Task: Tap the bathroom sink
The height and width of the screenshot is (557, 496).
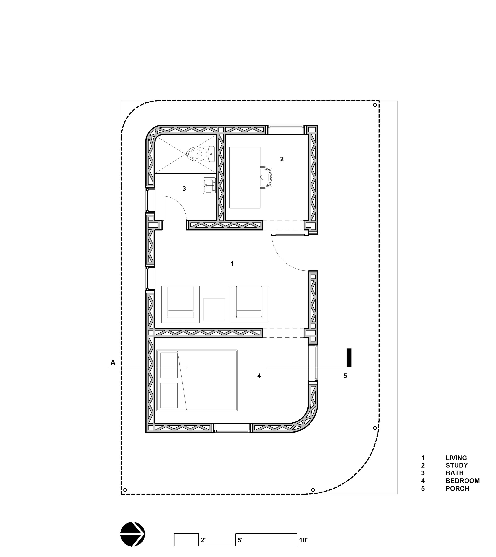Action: click(x=209, y=186)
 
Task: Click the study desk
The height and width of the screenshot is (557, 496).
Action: click(x=245, y=178)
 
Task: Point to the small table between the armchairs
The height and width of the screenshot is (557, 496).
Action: click(x=214, y=309)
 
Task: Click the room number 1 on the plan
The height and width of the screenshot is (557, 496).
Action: click(x=232, y=264)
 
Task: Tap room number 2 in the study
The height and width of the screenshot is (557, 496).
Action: click(x=282, y=159)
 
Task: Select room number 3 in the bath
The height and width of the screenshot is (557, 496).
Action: click(x=184, y=188)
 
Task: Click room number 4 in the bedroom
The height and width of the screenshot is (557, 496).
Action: click(x=259, y=376)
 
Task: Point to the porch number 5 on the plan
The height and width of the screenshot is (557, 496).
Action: click(x=345, y=376)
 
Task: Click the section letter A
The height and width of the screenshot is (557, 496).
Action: click(x=113, y=362)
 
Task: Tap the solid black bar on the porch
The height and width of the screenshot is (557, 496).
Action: click(x=349, y=358)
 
